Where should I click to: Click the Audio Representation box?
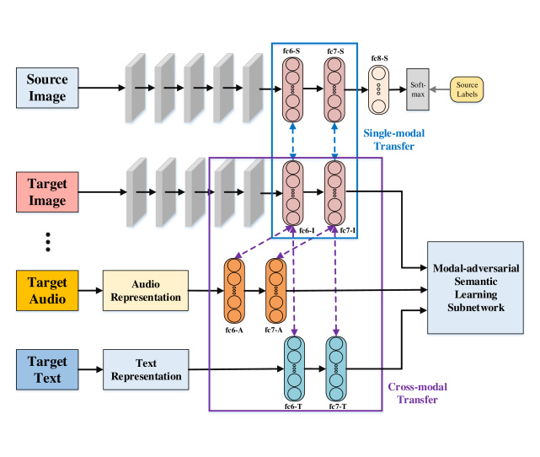pos(146,291)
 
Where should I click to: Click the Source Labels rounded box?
pos(467,87)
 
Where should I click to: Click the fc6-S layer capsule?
pos(293,87)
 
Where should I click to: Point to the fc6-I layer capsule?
pos(293,191)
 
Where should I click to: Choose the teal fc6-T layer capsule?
pos(294,368)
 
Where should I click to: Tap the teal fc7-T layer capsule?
pos(337,368)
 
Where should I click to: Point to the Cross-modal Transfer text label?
pos(417,394)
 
